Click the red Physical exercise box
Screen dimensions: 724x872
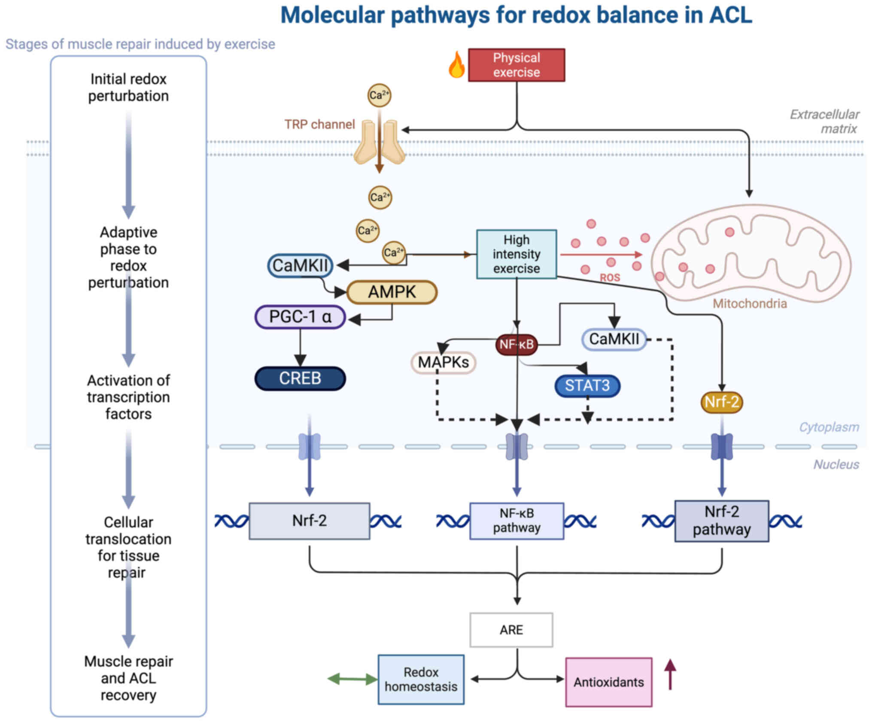516,65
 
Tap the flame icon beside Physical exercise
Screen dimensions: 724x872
456,65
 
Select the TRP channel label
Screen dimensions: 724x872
319,124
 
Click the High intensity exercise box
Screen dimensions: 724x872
516,254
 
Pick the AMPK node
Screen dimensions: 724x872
392,292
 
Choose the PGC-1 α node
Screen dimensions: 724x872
300,317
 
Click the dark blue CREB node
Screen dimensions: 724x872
300,379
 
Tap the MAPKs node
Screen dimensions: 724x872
443,363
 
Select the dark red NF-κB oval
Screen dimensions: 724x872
516,344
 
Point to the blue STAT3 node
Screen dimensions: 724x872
587,385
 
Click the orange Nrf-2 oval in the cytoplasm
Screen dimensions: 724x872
722,402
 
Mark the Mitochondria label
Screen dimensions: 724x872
750,304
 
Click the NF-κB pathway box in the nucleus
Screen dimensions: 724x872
517,521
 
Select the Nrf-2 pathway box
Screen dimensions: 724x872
722,521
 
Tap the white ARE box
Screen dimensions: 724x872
511,630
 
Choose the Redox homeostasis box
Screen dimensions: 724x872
421,679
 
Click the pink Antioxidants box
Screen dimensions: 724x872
608,682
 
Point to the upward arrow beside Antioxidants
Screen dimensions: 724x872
670,674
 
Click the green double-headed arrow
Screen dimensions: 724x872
352,679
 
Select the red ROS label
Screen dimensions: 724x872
610,278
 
